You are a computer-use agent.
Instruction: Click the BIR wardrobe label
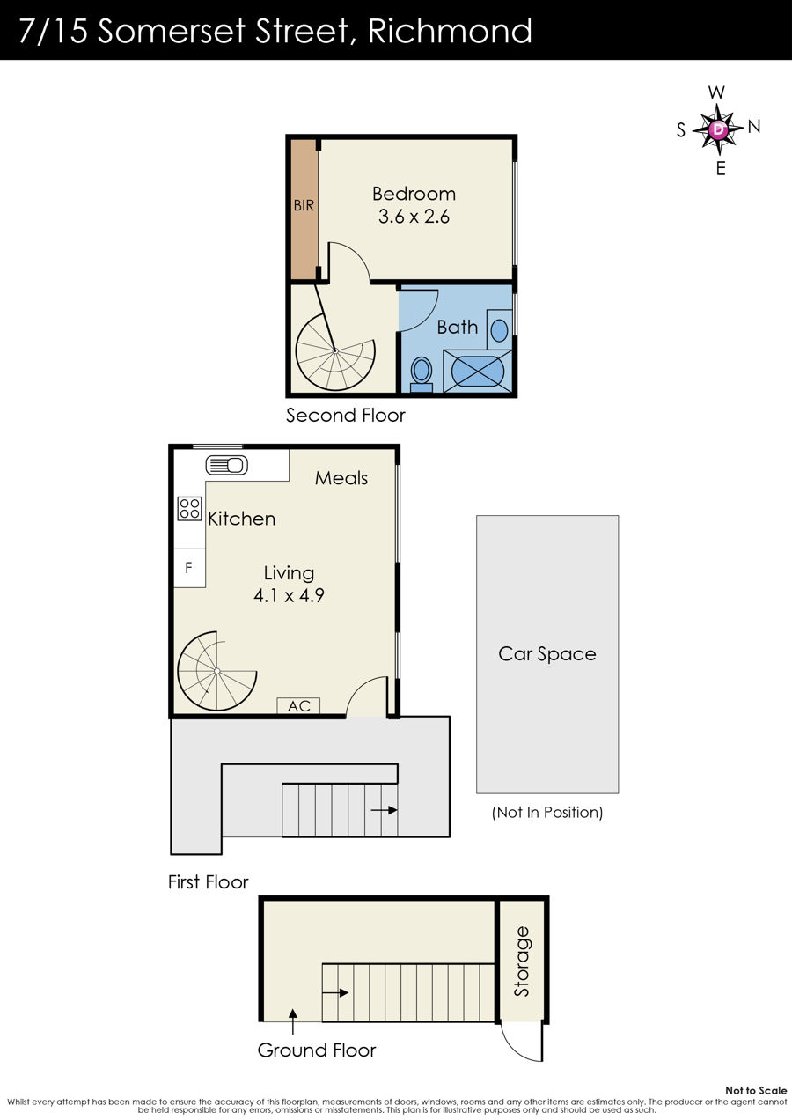click(x=304, y=205)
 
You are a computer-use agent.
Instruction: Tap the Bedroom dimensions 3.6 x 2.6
click(x=414, y=217)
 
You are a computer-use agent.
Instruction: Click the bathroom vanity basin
click(x=500, y=329)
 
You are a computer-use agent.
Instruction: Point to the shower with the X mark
click(x=478, y=372)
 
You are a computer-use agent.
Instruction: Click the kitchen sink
click(x=227, y=466)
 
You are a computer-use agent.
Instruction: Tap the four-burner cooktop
click(x=190, y=509)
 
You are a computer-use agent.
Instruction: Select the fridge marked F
click(x=189, y=568)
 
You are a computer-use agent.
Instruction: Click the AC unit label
click(x=299, y=706)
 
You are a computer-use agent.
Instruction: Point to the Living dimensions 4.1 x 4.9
click(x=289, y=595)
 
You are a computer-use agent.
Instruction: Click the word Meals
click(x=341, y=478)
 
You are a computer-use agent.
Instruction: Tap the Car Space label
click(x=547, y=654)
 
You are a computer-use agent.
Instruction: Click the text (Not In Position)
click(x=547, y=813)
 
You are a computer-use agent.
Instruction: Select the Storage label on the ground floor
click(x=522, y=962)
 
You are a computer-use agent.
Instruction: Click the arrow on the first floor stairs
click(x=384, y=810)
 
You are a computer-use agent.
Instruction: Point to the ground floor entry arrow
click(x=293, y=1021)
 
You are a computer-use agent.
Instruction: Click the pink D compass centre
click(x=719, y=129)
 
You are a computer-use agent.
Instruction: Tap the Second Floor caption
click(x=345, y=415)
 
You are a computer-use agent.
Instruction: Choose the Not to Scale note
click(x=756, y=1090)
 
